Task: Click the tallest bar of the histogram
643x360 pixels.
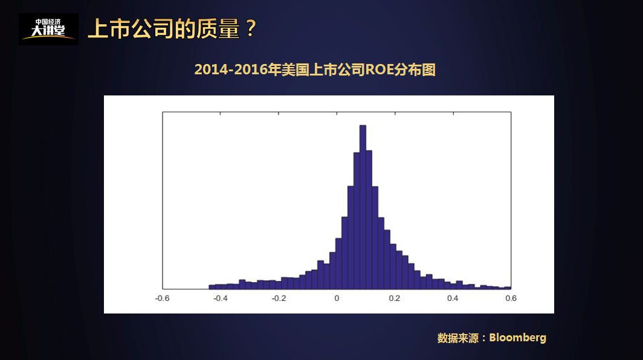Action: click(x=363, y=205)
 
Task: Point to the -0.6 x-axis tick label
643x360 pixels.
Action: click(x=163, y=298)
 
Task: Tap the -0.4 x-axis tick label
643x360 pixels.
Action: click(x=221, y=298)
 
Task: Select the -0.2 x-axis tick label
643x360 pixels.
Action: click(x=279, y=298)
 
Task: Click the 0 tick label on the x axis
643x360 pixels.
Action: click(x=337, y=298)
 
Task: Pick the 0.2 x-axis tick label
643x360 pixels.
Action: click(x=395, y=298)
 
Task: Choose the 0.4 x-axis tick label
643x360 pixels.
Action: click(x=453, y=298)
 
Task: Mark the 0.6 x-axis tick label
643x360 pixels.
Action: click(x=511, y=298)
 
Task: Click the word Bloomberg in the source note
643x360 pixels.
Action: click(x=517, y=338)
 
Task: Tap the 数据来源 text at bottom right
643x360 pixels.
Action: click(x=457, y=338)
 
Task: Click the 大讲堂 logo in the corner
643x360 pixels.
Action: click(x=48, y=29)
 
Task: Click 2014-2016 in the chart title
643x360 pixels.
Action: click(x=231, y=70)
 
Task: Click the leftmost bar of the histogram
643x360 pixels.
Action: click(x=212, y=287)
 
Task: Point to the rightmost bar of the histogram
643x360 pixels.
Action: click(x=508, y=288)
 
